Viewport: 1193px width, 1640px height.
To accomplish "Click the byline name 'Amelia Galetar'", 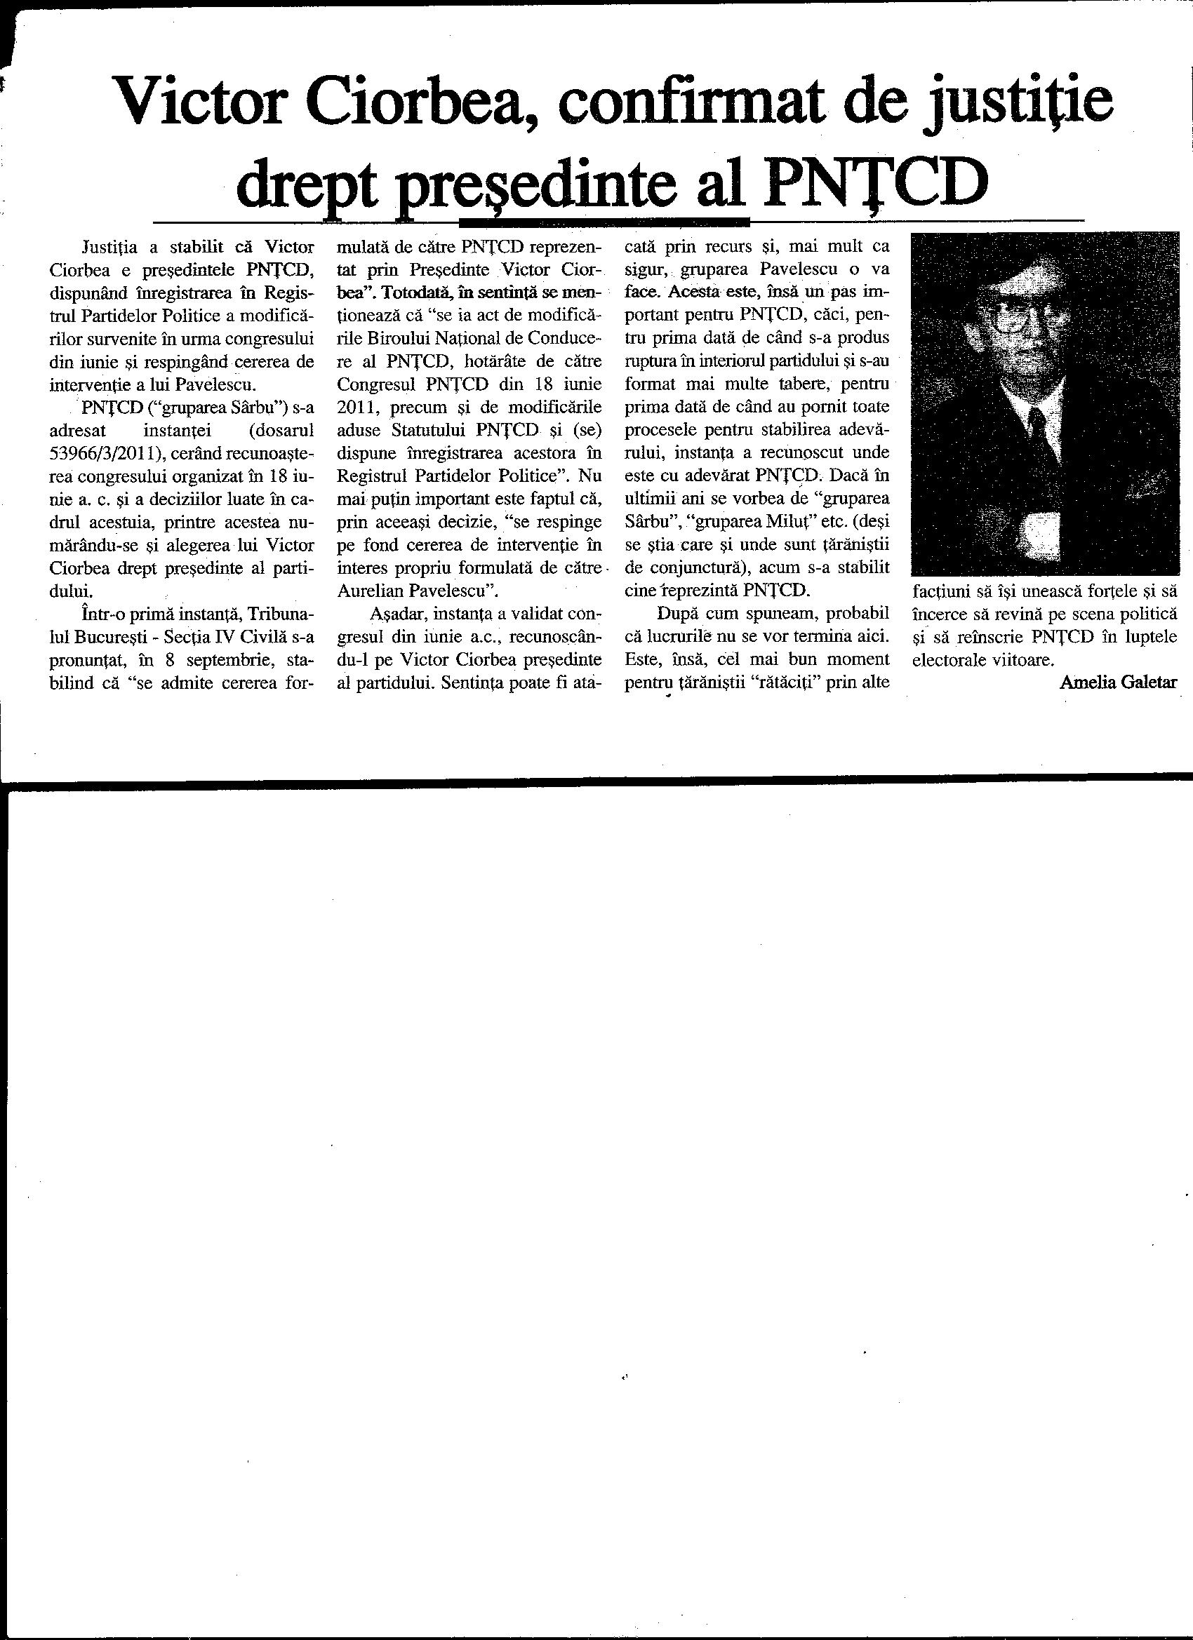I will pyautogui.click(x=1119, y=682).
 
